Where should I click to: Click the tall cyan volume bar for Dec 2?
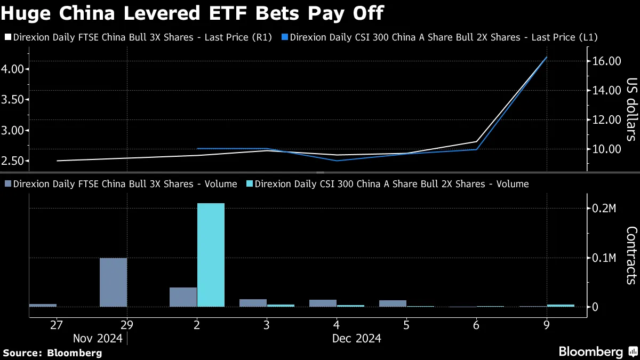click(211, 255)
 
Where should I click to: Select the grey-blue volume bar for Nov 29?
click(114, 283)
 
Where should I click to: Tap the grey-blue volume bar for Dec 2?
click(183, 297)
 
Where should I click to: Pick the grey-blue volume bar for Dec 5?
click(393, 303)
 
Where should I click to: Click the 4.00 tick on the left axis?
click(13, 69)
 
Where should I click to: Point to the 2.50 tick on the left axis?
click(13, 161)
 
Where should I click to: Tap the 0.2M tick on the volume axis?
click(605, 209)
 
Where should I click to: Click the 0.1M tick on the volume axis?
click(605, 258)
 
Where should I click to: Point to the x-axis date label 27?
click(57, 325)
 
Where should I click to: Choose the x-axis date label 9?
click(546, 325)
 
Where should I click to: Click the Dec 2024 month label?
click(356, 338)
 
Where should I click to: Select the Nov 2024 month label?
click(98, 338)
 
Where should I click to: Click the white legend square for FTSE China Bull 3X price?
click(7, 37)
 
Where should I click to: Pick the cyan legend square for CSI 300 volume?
click(249, 184)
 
